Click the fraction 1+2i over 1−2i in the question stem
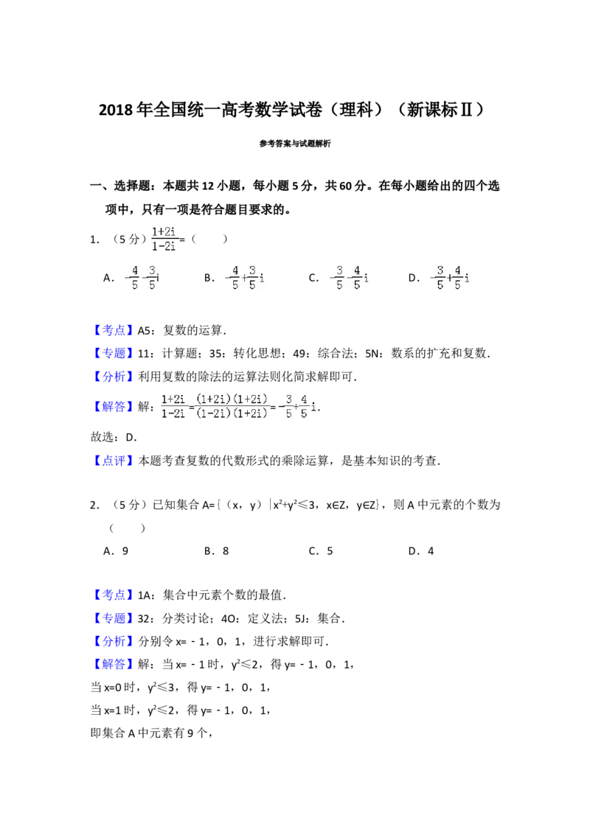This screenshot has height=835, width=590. pyautogui.click(x=164, y=239)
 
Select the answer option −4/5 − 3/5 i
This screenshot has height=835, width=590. pyautogui.click(x=139, y=277)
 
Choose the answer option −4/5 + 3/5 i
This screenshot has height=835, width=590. pyautogui.click(x=242, y=277)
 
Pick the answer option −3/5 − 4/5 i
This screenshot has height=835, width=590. pyautogui.click(x=347, y=277)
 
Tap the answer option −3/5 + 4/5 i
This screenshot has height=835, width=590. pyautogui.click(x=448, y=277)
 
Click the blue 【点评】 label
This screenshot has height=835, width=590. pyautogui.click(x=114, y=462)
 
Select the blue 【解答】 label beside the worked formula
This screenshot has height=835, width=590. pyautogui.click(x=114, y=406)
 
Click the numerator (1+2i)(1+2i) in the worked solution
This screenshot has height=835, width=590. pyautogui.click(x=232, y=399)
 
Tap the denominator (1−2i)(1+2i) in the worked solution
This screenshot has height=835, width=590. pyautogui.click(x=232, y=413)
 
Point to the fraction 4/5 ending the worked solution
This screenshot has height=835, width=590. pyautogui.click(x=303, y=406)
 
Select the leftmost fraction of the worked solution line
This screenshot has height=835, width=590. pyautogui.click(x=173, y=406)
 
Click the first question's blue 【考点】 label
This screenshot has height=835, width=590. pyautogui.click(x=114, y=330)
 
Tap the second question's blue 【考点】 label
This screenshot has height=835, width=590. pyautogui.click(x=114, y=594)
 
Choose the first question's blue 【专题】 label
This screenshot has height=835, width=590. pyautogui.click(x=114, y=353)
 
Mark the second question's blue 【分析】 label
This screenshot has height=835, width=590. pyautogui.click(x=114, y=640)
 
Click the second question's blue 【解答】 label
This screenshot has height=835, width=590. pyautogui.click(x=114, y=664)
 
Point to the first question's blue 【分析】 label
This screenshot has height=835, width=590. pyautogui.click(x=114, y=377)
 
